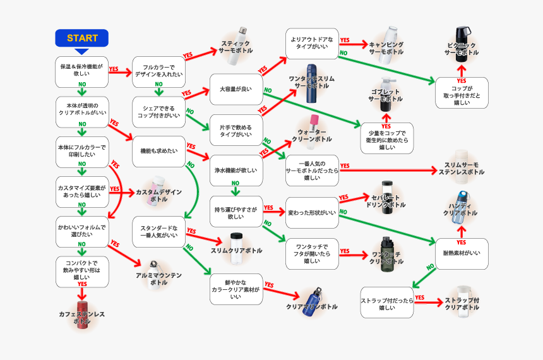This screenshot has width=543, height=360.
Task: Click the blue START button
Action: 82,38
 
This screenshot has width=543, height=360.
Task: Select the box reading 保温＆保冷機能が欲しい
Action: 82,71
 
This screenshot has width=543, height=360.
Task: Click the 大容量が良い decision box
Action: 236,89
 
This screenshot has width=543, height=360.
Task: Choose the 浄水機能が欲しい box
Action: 236,170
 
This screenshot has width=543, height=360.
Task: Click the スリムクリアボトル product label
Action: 236,251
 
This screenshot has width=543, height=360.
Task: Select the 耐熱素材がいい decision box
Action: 462,253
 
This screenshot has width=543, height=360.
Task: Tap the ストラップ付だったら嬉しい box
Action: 386,303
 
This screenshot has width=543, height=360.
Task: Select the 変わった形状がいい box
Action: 311,213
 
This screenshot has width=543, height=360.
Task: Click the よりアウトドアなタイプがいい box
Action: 311,43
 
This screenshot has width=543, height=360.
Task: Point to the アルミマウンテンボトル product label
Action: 158,279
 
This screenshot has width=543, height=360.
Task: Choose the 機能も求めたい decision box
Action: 158,152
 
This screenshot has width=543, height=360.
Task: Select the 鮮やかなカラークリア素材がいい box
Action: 236,289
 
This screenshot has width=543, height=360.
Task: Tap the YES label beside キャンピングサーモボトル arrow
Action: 345,40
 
